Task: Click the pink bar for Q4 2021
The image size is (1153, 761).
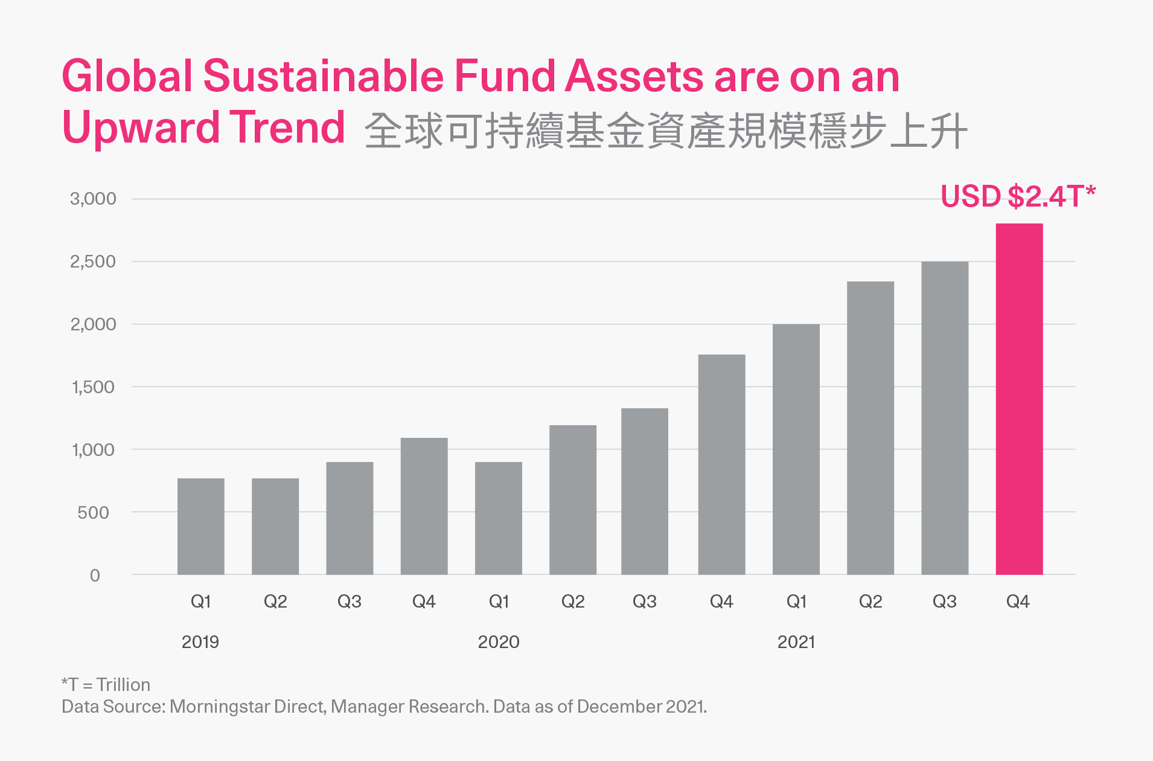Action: (x=1019, y=399)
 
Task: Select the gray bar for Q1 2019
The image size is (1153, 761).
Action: (x=200, y=526)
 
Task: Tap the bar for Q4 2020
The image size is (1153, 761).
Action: (x=721, y=464)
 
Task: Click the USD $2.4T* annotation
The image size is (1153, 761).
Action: (x=1018, y=197)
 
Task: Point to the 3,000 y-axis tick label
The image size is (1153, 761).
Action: (x=93, y=199)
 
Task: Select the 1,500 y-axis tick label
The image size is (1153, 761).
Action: (x=93, y=387)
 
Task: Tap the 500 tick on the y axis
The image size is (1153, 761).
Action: (x=93, y=513)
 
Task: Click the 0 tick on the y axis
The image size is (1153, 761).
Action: (x=95, y=576)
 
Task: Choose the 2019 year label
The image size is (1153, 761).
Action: (x=200, y=641)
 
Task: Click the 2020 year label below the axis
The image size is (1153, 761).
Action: (x=499, y=641)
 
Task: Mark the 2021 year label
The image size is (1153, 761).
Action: (x=796, y=641)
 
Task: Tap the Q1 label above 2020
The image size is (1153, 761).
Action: (x=499, y=602)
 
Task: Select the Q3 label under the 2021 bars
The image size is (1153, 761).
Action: (x=944, y=602)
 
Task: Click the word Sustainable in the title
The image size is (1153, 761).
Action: (x=324, y=77)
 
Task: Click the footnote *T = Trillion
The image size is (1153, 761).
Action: (x=106, y=684)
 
